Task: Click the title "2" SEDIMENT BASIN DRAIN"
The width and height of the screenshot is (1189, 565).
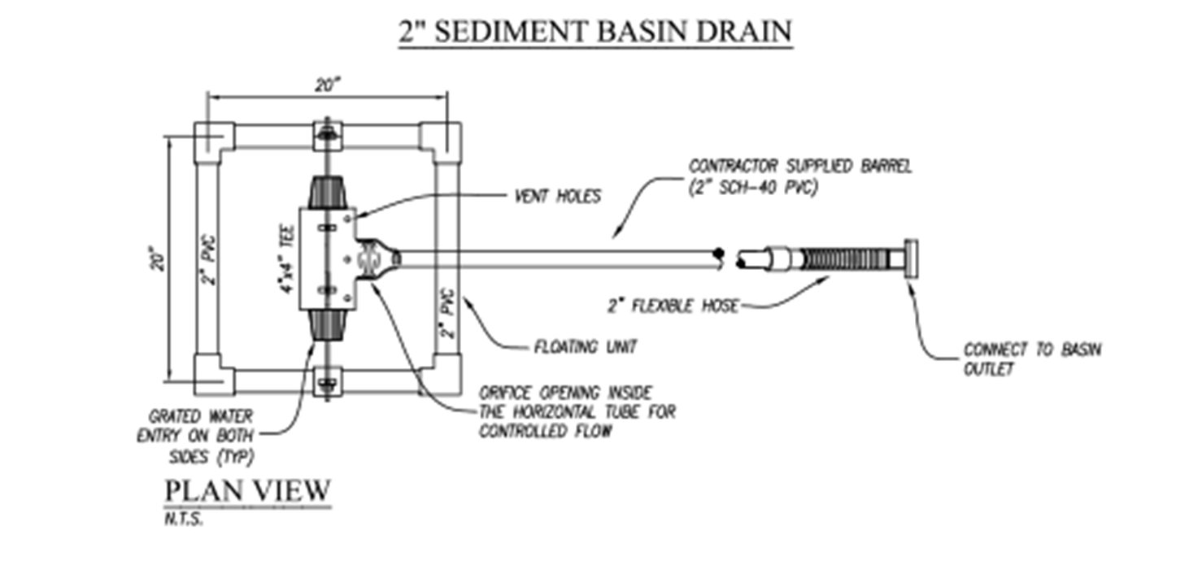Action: pos(595,32)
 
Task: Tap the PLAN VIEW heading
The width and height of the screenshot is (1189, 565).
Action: pos(248,491)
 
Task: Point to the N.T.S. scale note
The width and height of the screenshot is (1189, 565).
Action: pos(184,519)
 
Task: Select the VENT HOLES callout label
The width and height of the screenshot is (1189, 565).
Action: pos(558,196)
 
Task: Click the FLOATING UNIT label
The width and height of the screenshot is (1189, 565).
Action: pos(586,347)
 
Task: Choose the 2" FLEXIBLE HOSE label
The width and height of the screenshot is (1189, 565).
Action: pos(673,306)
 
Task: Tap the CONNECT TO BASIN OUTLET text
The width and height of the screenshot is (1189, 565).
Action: pos(1032,359)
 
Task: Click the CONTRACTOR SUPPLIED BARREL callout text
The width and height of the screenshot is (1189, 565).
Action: pos(800,176)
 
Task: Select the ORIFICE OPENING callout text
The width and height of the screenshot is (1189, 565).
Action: pos(577,412)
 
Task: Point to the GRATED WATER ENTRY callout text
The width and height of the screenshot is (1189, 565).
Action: pos(195,436)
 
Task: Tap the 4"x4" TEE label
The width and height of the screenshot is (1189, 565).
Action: pos(286,259)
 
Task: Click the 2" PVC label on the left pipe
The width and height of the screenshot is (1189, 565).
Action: pos(210,260)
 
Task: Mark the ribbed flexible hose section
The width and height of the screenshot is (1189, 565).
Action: pos(844,259)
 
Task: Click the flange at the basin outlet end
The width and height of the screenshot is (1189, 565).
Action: pos(912,259)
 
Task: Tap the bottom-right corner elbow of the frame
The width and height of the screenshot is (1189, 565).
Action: pos(441,375)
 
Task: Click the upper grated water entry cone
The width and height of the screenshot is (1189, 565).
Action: pos(328,193)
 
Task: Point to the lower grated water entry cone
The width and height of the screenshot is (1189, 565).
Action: pos(328,325)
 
